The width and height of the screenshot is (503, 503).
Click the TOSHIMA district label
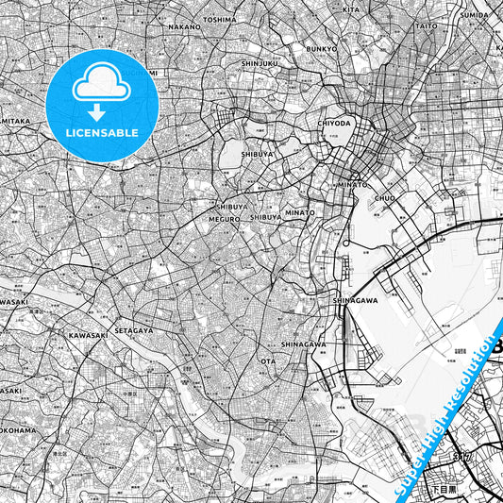coord(219,19)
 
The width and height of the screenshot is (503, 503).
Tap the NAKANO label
coord(185,27)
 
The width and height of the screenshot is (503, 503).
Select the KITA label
coord(351,9)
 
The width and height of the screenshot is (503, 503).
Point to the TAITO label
coord(428,26)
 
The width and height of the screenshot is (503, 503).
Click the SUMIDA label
coord(475,16)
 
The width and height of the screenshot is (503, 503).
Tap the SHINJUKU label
coord(260,63)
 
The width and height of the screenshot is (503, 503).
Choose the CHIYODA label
coord(335,123)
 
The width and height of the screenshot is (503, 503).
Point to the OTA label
coord(268,360)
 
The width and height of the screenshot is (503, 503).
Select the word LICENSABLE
coord(101,133)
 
